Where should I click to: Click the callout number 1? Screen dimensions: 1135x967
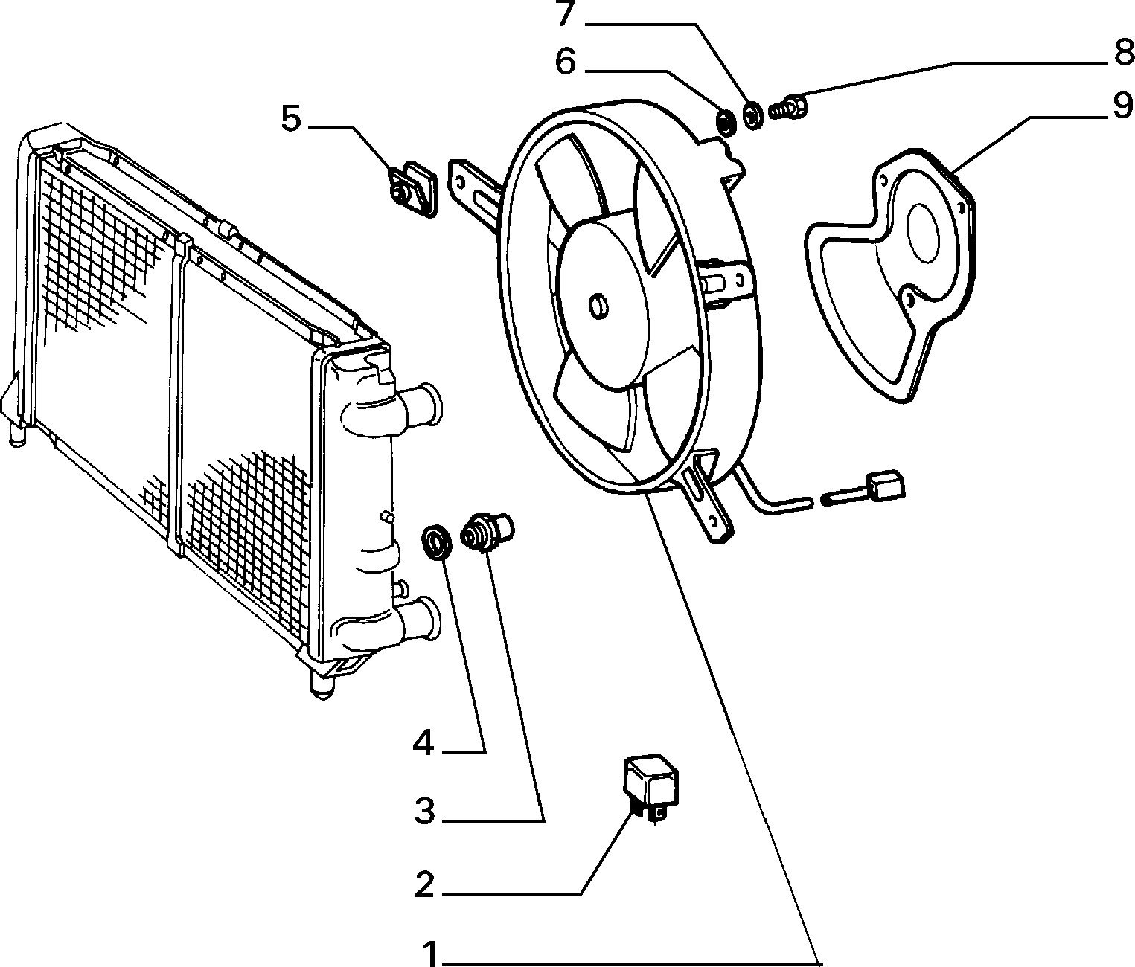tap(431, 954)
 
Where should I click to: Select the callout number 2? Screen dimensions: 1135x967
tap(424, 884)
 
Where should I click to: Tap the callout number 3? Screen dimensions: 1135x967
tap(424, 810)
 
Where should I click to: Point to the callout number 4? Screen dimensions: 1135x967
tap(423, 744)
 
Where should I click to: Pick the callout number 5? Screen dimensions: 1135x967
tap(291, 119)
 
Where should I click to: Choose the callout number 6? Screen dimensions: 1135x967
tap(566, 61)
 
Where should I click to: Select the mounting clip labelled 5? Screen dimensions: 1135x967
tap(413, 188)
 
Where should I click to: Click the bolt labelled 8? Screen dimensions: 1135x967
tap(788, 108)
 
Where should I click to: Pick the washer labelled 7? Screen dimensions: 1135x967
tap(752, 115)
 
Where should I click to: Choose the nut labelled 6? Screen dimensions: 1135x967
tap(727, 123)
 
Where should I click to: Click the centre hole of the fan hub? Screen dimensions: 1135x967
tap(598, 306)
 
